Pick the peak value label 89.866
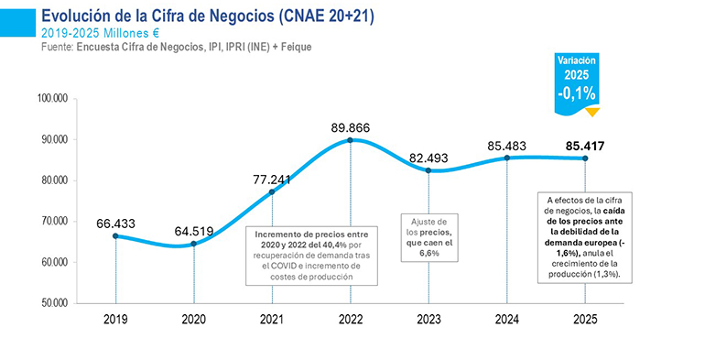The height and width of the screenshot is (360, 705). pos(351,127)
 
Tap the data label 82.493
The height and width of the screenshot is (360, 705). pos(428,158)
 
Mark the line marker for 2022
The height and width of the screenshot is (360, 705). pos(351,140)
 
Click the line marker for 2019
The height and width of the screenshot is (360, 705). pos(115,235)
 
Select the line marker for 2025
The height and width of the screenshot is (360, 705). pos(585,158)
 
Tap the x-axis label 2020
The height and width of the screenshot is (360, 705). pos(193,321)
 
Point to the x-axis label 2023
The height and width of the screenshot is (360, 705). pos(428,321)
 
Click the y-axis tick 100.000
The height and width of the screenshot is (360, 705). pos(60,98)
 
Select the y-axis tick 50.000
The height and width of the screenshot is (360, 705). pos(60,302)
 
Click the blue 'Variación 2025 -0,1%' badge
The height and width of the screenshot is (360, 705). pos(577,80)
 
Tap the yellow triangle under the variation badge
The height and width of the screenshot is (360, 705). pos(592,112)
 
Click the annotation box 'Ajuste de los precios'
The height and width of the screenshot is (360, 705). pos(428,237)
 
